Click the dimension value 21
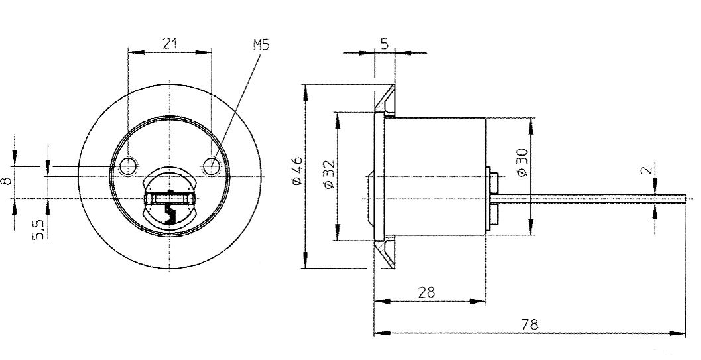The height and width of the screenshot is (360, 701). (170, 44)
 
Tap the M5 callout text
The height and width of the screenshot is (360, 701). (261, 45)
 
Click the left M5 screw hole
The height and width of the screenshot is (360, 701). (129, 166)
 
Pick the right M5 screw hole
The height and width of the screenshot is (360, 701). (212, 166)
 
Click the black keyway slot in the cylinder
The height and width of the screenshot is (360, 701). (170, 211)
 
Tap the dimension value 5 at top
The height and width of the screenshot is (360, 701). (385, 44)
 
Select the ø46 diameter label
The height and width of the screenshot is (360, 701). (296, 170)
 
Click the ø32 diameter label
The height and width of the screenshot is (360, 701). (328, 175)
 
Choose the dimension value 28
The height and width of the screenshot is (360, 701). (427, 292)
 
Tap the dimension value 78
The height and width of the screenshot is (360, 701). (529, 324)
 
